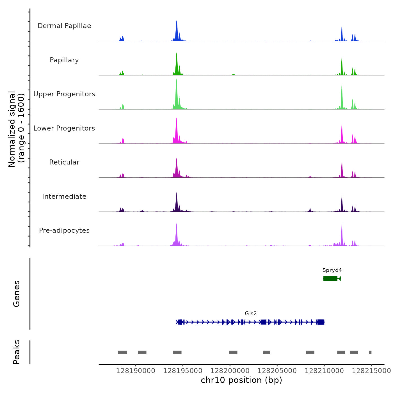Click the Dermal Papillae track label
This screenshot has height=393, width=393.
click(x=64, y=26)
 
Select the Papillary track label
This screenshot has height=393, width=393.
click(x=64, y=60)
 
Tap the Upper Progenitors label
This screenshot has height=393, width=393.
click(x=64, y=94)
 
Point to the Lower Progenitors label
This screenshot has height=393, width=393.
click(x=64, y=128)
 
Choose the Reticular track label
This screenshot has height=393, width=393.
click(x=64, y=162)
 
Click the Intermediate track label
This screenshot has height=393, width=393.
click(x=64, y=196)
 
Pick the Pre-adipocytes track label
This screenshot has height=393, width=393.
click(x=64, y=230)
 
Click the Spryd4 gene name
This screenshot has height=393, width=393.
click(x=332, y=270)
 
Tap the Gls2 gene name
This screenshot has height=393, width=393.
click(x=251, y=314)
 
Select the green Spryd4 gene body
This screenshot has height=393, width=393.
click(x=330, y=278)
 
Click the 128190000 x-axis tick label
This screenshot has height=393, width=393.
click(x=136, y=371)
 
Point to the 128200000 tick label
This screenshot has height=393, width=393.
click(x=230, y=371)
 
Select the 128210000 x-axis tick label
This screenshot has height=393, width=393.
click(x=324, y=371)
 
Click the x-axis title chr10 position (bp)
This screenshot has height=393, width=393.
click(x=241, y=380)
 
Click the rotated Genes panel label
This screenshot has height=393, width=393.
click(x=17, y=294)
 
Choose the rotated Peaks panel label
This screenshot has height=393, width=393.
click(x=17, y=352)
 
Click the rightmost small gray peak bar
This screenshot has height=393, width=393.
click(x=370, y=352)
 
